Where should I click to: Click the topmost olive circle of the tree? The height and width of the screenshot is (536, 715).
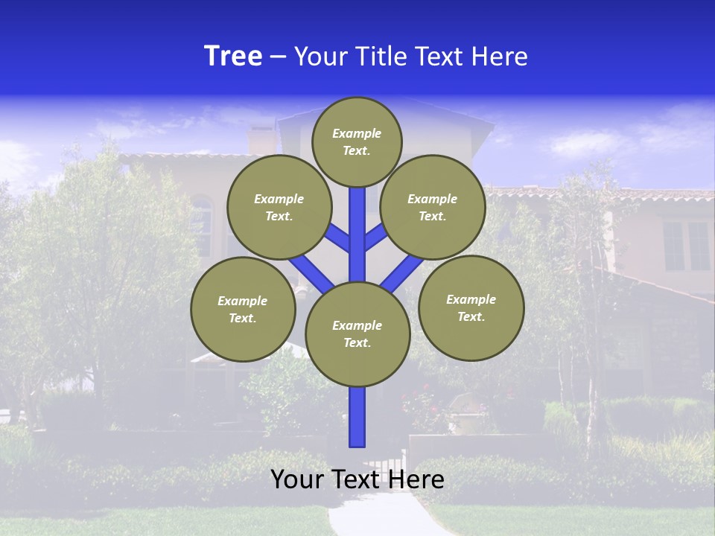click(357, 141)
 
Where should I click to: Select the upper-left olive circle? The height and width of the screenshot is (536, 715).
click(279, 207)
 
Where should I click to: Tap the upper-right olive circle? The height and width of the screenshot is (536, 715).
click(433, 207)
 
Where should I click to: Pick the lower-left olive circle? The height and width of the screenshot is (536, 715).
click(243, 309)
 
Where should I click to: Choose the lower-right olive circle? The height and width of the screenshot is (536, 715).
click(471, 307)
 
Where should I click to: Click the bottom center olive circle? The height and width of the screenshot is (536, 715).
click(357, 334)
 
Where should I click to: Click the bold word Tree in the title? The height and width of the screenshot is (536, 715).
click(233, 56)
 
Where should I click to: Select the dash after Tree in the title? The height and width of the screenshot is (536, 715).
click(278, 57)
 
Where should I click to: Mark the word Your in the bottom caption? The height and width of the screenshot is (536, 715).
click(298, 479)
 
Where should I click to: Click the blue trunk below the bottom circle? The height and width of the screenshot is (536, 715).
click(357, 417)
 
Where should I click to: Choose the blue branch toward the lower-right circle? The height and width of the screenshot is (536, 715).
click(402, 272)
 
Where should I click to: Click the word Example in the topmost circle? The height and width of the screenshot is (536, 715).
click(357, 133)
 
